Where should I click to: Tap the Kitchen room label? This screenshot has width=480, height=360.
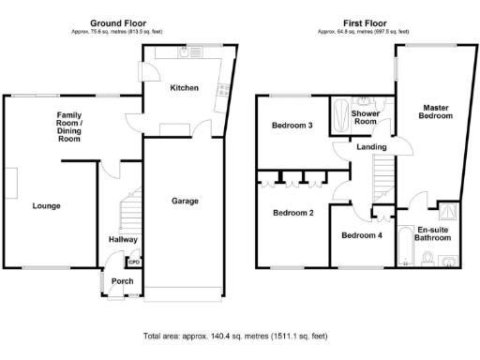tap(184, 88)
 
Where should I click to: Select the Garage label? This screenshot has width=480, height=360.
tap(184, 201)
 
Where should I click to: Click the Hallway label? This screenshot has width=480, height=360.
tap(123, 240)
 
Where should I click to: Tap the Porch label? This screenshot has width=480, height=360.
tap(122, 281)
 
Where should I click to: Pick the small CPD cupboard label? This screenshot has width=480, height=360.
tap(134, 262)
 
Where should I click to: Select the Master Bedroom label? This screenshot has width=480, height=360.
tap(437, 112)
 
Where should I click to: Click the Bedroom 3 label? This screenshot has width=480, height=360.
tap(292, 126)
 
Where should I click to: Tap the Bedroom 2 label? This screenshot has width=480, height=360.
tap(292, 213)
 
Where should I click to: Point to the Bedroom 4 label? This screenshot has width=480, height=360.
tap(360, 234)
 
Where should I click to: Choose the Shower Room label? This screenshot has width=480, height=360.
tap(364, 117)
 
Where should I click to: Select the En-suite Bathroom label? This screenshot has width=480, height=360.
tap(434, 233)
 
